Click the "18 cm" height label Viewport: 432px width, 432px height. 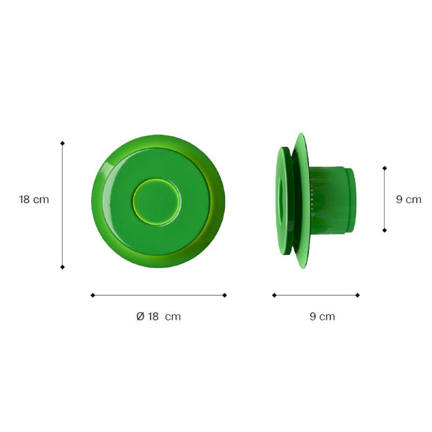click(x=33, y=199)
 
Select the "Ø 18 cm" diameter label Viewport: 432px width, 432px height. click(x=158, y=316)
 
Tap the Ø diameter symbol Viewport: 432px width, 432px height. click(x=140, y=316)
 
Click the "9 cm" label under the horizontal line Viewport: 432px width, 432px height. click(x=322, y=316)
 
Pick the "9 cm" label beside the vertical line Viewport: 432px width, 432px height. click(x=408, y=199)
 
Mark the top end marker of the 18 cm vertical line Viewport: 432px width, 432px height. click(x=62, y=143)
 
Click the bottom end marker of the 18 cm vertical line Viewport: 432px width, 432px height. click(x=62, y=267)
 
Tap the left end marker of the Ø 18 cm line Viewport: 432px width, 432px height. click(x=93, y=295)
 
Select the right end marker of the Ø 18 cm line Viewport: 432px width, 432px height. click(x=225, y=295)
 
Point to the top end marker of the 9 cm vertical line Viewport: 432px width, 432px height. click(x=384, y=168)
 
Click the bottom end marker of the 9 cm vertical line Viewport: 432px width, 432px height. click(x=384, y=230)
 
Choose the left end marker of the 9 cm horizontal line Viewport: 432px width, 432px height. click(x=274, y=295)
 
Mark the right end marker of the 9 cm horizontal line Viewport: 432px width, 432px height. click(x=357, y=295)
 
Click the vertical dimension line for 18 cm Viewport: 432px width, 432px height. click(x=62, y=205)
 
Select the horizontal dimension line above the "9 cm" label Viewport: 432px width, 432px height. click(x=316, y=295)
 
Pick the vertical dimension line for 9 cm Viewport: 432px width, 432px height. click(x=384, y=199)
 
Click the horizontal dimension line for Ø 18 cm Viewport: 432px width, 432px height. click(x=159, y=295)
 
